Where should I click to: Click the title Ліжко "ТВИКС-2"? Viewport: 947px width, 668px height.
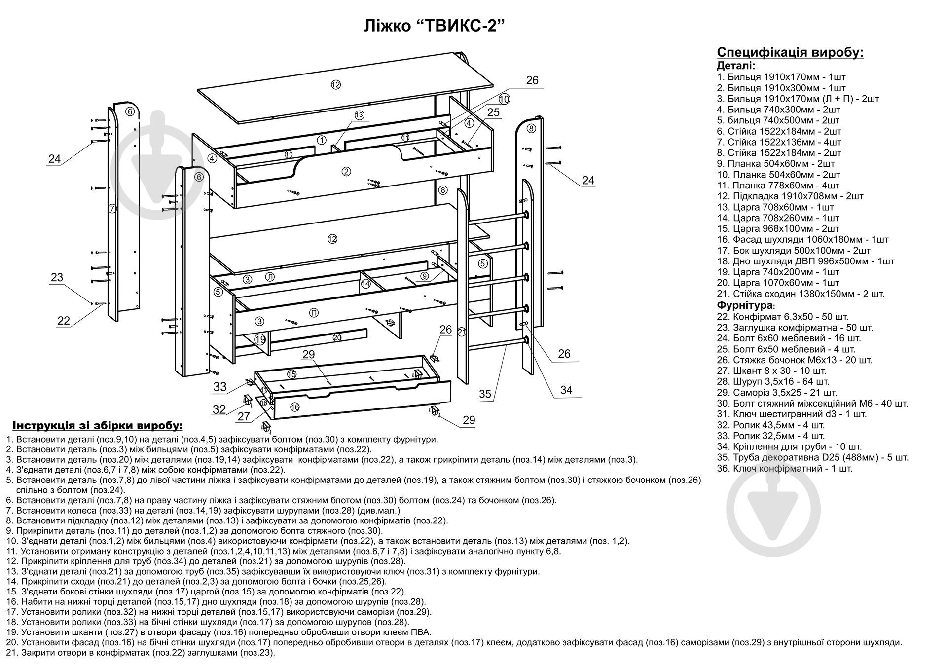435,26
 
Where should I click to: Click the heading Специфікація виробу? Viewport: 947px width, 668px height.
790,53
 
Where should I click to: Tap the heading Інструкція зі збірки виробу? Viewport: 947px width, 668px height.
97,426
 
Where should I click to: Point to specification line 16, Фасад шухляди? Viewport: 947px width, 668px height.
802,240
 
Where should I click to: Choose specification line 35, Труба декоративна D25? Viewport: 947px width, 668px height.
813,457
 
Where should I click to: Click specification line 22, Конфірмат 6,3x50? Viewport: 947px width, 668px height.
783,317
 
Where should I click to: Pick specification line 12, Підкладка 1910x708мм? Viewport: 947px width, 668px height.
790,196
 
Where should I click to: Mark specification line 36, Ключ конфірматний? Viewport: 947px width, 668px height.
785,468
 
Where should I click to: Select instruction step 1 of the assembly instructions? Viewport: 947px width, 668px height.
222,439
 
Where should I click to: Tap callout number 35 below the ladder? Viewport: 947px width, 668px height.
485,394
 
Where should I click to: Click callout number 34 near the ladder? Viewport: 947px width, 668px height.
566,390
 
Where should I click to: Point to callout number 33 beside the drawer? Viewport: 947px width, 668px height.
220,387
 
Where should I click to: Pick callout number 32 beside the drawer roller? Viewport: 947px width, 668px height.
219,409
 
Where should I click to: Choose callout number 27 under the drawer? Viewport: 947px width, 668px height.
244,416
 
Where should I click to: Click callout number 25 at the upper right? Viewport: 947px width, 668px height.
493,112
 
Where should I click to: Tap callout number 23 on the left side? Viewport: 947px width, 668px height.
57,277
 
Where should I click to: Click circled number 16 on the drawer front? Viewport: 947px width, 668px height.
294,407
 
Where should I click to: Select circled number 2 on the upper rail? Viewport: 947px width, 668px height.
346,171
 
